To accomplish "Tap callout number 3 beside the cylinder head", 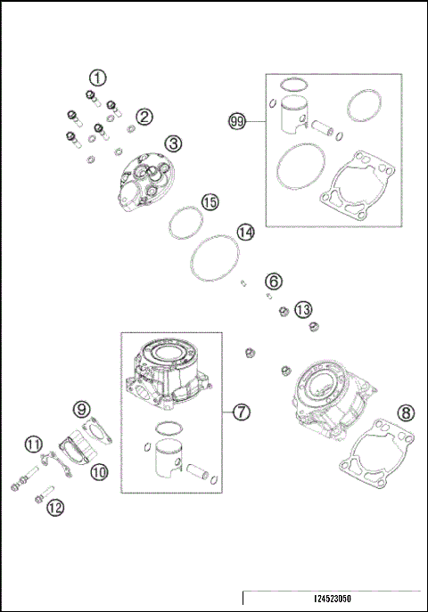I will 172,143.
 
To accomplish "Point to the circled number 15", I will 209,202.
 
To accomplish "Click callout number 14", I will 246,232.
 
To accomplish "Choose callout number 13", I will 303,309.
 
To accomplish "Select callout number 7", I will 241,412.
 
